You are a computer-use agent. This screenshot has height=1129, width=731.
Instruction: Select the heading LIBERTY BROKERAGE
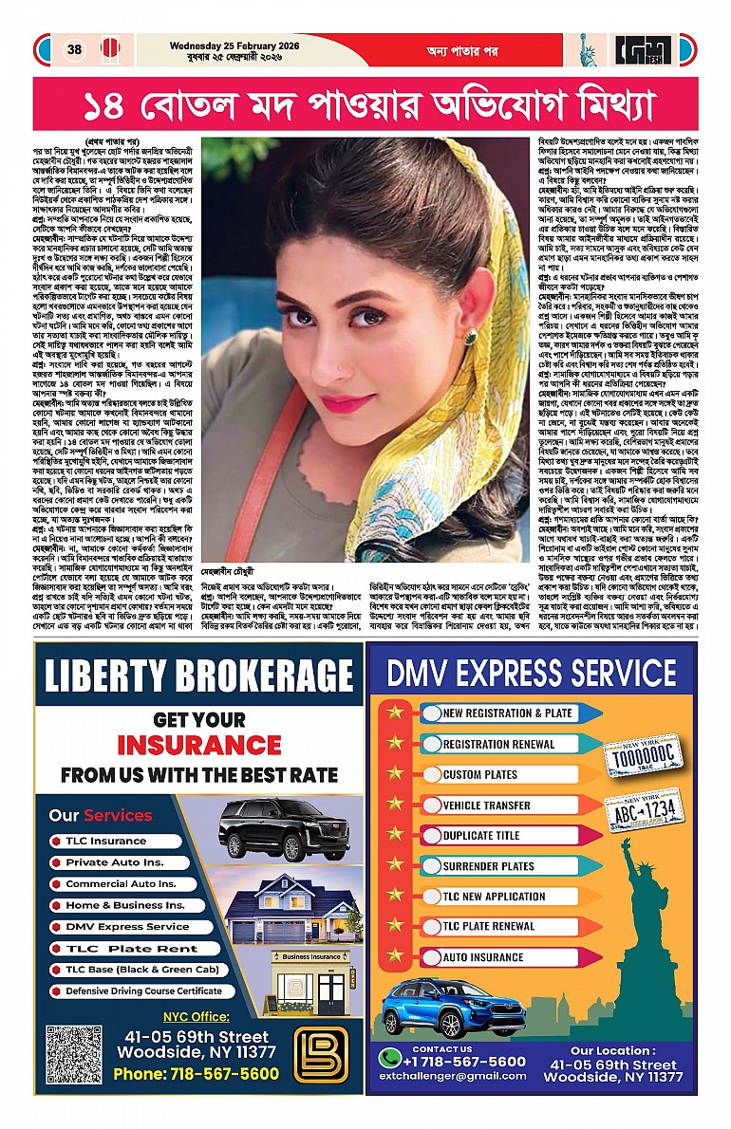point(198,677)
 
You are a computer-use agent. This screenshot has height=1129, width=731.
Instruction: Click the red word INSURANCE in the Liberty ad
point(198,744)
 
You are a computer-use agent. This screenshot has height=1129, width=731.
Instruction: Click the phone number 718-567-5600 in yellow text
point(196,1073)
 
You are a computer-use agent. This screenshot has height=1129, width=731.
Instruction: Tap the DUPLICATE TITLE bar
point(481,836)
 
